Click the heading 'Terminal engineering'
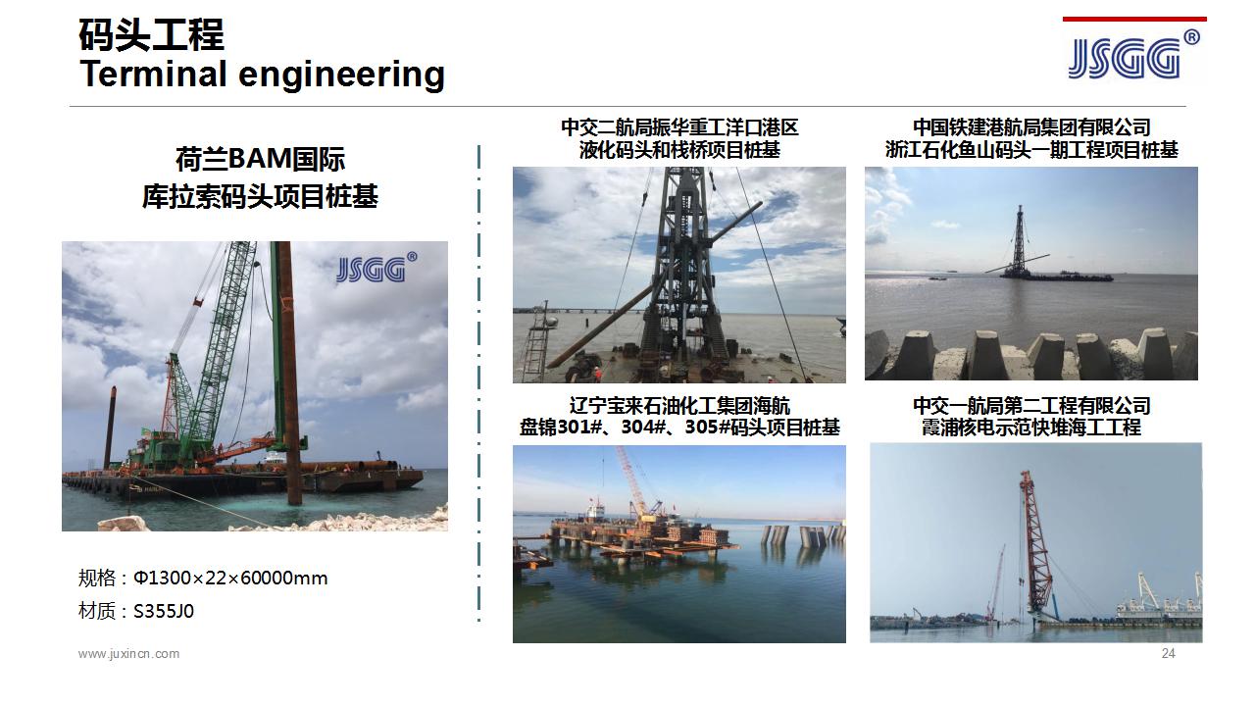coord(262,76)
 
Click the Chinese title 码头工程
coord(151,34)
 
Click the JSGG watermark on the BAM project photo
coord(376,268)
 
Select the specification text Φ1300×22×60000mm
coord(230,578)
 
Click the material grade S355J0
coord(164,611)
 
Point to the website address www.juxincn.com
coord(128,654)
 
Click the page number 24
coord(1168,653)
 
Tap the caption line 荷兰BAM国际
coord(260,159)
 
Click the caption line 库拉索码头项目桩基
coord(260,197)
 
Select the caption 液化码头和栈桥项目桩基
coord(679,150)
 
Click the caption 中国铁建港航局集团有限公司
coord(1031,127)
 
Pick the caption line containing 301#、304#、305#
coord(679,428)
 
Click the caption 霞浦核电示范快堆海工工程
coord(1031,428)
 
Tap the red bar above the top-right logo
coord(1134,19)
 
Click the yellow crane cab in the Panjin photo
coord(649,517)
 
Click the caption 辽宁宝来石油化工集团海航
coord(679,406)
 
